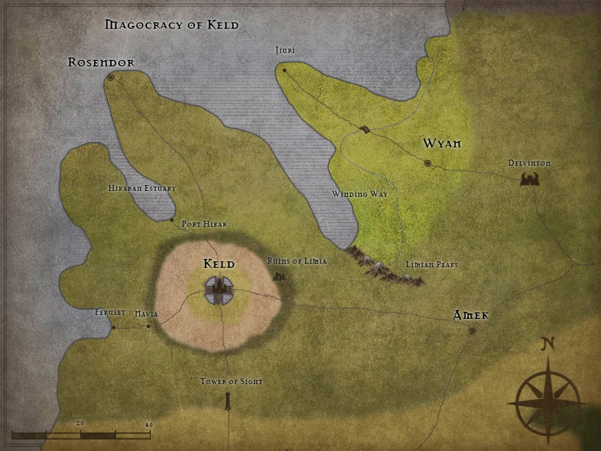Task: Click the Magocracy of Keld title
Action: coord(171,25)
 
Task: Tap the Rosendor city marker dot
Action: coord(110,77)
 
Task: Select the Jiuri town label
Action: coord(285,51)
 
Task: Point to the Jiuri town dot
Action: coord(285,70)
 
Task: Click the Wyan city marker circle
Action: coord(427,163)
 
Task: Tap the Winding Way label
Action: coord(360,194)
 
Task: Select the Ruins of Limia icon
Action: coord(280,275)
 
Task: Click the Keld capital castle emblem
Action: coord(220,290)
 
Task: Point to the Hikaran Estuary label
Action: coord(142,189)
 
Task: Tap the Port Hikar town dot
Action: coord(171,220)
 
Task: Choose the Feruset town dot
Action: coord(113,327)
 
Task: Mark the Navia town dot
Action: coord(148,326)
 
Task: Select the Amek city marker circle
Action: coord(472,331)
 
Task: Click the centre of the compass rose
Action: coord(547,403)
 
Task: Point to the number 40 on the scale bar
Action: coord(148,425)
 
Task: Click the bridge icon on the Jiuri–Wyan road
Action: coord(365,130)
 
